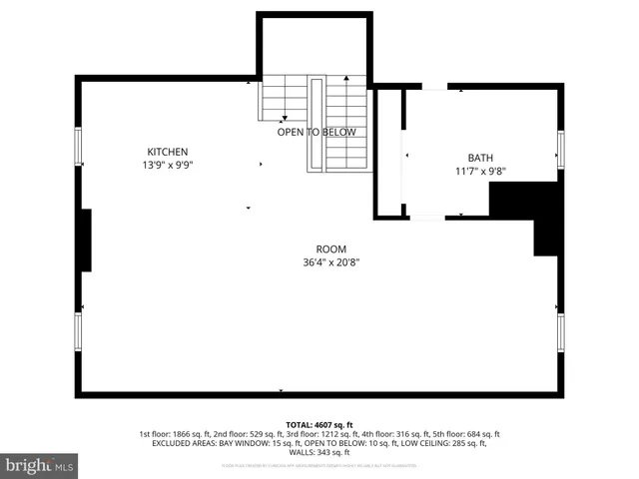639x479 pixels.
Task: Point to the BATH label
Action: [480, 158]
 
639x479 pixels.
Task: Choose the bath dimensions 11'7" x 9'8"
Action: [480, 171]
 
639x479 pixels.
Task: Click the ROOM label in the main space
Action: [330, 248]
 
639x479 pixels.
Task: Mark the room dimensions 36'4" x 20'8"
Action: [330, 262]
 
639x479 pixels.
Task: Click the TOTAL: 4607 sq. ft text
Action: [319, 424]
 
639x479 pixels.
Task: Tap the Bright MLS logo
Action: [40, 465]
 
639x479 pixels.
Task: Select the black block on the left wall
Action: [86, 239]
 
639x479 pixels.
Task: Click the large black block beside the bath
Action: [529, 210]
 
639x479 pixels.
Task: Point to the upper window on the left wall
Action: [78, 147]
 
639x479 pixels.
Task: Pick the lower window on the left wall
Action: [78, 330]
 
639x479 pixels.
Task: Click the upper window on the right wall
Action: [561, 150]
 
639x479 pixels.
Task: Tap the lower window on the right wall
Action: [561, 332]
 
